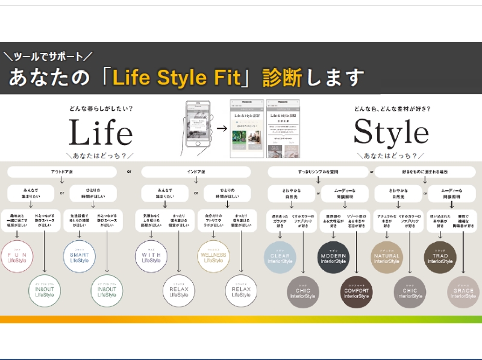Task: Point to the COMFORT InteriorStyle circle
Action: pos(357,293)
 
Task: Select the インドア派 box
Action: pos(195,172)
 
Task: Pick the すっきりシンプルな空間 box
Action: pos(318,172)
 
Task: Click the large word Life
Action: pos(100,132)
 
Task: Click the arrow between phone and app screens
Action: pos(222,128)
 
